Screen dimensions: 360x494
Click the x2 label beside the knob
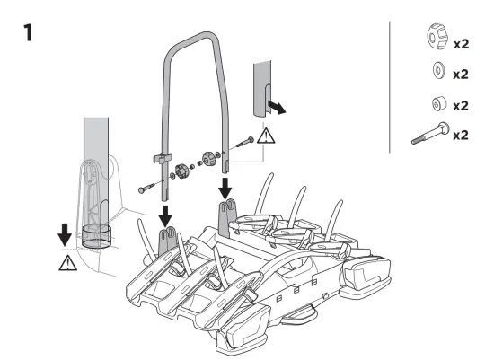(x=461, y=42)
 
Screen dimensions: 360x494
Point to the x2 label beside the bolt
(x=461, y=136)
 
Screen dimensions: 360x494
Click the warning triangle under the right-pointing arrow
(x=266, y=137)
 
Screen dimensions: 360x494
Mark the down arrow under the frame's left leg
(x=165, y=215)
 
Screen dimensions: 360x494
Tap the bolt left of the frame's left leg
(x=147, y=189)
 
